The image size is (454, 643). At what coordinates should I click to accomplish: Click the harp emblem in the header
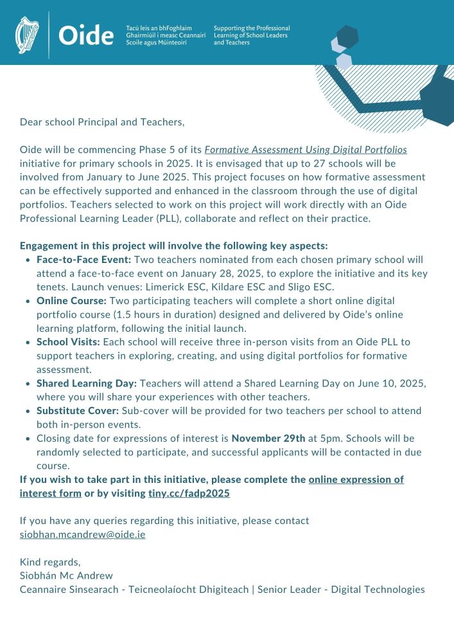pos(27,35)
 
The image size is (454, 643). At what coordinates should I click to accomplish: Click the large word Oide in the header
pos(86,36)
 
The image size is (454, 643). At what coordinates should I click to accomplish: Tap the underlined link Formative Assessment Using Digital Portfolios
pos(306,149)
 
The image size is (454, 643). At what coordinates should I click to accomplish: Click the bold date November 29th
pos(268,438)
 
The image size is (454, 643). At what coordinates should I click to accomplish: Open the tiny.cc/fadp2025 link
pos(189,493)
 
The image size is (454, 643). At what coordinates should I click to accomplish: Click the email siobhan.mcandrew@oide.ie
pos(82,534)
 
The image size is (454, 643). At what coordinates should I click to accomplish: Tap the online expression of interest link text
pos(356,480)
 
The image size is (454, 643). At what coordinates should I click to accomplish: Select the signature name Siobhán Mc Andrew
pos(67,575)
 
